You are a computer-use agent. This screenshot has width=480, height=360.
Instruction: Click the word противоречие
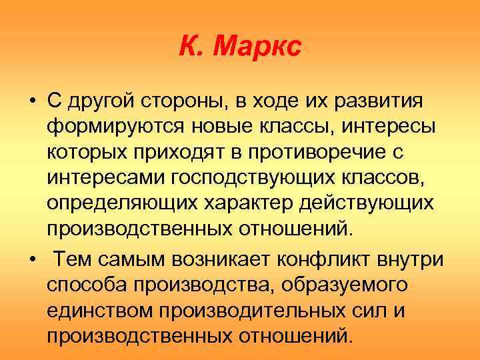[333, 153]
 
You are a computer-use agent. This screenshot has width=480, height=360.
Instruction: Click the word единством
[98, 309]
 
